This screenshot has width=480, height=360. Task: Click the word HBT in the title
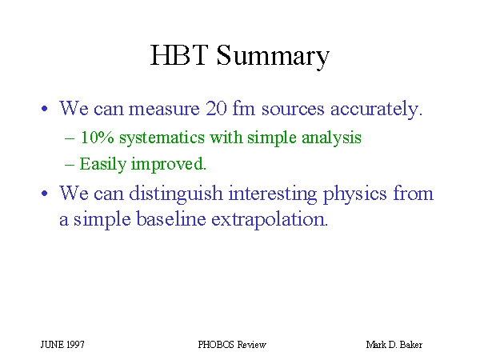point(179,55)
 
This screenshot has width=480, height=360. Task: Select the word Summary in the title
point(273,57)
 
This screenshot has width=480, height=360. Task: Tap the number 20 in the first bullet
point(216,108)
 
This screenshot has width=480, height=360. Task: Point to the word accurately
point(377,110)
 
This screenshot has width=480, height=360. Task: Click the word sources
point(293,110)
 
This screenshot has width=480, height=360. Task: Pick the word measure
point(164,110)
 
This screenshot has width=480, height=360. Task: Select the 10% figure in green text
point(97,137)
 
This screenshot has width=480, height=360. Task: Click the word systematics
point(162,138)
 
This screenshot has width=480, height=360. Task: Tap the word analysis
point(331,138)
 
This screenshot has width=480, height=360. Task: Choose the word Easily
point(103,164)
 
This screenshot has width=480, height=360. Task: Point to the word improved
point(169,164)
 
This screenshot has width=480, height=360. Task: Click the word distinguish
point(176,194)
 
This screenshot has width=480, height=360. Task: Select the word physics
point(355,194)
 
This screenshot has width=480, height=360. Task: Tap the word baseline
point(171,218)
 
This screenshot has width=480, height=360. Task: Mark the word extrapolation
point(270,220)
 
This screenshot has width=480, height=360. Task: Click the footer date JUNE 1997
point(62,345)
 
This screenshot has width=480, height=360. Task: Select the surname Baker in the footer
point(411,345)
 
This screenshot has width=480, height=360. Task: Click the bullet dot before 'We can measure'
point(45,109)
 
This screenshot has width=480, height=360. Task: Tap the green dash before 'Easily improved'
point(70,165)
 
